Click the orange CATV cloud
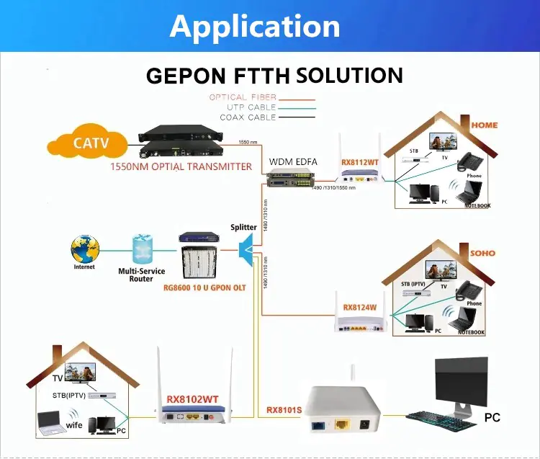point(91,142)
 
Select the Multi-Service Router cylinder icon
point(140,248)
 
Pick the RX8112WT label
point(360,163)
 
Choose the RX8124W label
point(360,308)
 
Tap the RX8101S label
point(284,410)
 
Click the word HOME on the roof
point(484,125)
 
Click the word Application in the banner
point(255,27)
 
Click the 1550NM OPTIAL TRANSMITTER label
point(181,166)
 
